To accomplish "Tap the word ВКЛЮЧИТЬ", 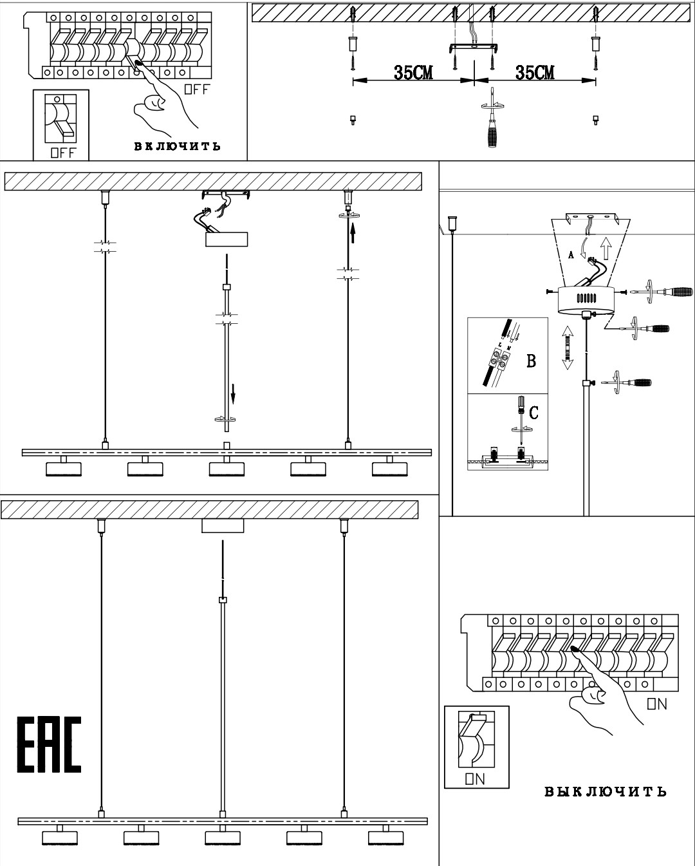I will [177, 146].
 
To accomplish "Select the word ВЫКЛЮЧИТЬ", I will [606, 791].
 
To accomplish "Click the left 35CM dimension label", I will [413, 73].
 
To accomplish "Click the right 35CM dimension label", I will [535, 73].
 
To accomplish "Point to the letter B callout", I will [531, 361].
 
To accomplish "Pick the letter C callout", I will [533, 413].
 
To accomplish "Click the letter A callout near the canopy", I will [571, 255].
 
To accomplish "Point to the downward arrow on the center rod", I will [233, 391].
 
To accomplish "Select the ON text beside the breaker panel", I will [657, 704].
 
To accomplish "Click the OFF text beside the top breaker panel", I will [197, 89].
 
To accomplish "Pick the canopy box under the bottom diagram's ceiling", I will [223, 526].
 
